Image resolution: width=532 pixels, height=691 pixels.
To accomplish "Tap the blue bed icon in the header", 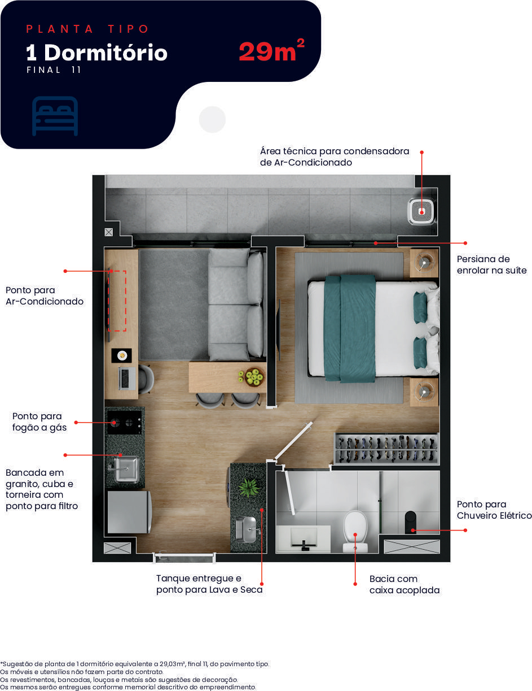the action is pos(55,116).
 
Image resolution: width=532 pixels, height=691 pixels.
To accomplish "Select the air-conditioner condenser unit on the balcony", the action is pos(421,211).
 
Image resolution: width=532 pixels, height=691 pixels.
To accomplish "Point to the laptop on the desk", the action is pos(127,379).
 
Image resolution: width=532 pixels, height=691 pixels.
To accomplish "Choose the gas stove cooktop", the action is pos(125,422).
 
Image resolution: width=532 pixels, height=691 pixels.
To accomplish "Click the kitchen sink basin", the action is pos(126,470).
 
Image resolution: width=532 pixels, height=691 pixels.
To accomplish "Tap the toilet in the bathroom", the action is pos(355,531).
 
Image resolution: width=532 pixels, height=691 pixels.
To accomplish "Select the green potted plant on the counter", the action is pos(249,487).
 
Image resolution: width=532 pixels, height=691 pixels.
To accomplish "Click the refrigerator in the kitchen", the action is pos(129,512).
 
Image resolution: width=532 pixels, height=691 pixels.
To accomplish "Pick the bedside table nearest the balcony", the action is pos(424,263).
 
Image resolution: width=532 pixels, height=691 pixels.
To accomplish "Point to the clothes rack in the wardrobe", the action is pos(386,449).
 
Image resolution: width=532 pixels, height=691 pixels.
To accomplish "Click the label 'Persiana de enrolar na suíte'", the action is pos(491,264).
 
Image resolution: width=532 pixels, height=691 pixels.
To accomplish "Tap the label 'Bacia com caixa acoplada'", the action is pos(405,584).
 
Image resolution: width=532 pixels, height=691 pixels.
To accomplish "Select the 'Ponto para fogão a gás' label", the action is pos(39,421).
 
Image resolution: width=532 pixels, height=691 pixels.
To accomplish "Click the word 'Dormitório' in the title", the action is pos(105,53).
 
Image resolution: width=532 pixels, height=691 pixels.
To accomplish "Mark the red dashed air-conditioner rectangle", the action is pos(117,301).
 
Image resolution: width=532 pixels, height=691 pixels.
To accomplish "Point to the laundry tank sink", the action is pos(248,530).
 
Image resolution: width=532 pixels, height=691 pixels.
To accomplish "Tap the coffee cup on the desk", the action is pos(122,355).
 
